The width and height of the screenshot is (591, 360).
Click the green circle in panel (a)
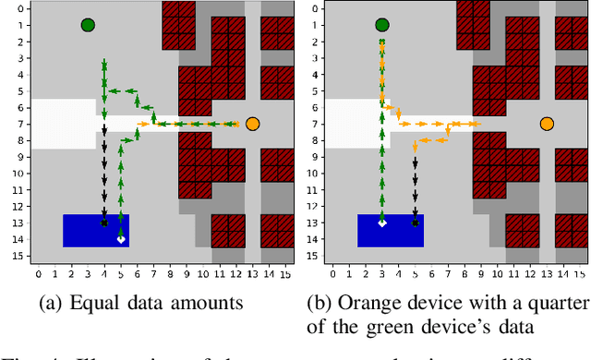[88, 25]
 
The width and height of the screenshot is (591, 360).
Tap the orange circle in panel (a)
[252, 123]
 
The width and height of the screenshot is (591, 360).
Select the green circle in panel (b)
[382, 25]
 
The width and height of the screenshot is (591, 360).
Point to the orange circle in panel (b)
[547, 123]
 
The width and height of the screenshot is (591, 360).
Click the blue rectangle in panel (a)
[95, 230]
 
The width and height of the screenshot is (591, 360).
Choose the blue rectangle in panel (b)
[390, 230]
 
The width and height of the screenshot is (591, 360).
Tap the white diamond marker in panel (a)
[121, 239]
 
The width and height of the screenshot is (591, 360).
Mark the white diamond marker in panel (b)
[382, 223]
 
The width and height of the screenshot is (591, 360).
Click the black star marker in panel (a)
[104, 223]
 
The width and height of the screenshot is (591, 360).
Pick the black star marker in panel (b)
[415, 222]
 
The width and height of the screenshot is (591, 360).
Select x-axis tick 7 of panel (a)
[154, 274]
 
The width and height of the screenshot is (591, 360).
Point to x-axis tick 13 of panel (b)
[548, 274]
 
